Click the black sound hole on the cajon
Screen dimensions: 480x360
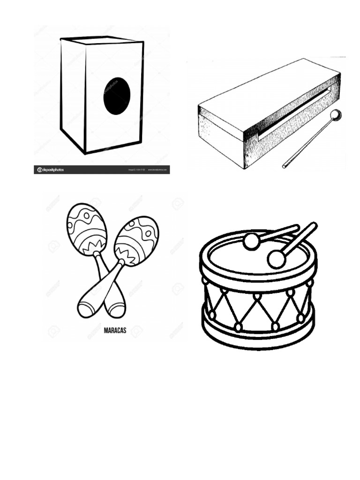coord(117,96)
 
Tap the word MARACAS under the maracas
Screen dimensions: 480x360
coord(114,330)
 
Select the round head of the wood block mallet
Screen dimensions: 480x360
coord(336,115)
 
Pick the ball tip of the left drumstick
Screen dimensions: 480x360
coord(252,241)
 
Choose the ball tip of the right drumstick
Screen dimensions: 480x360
coord(277,259)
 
